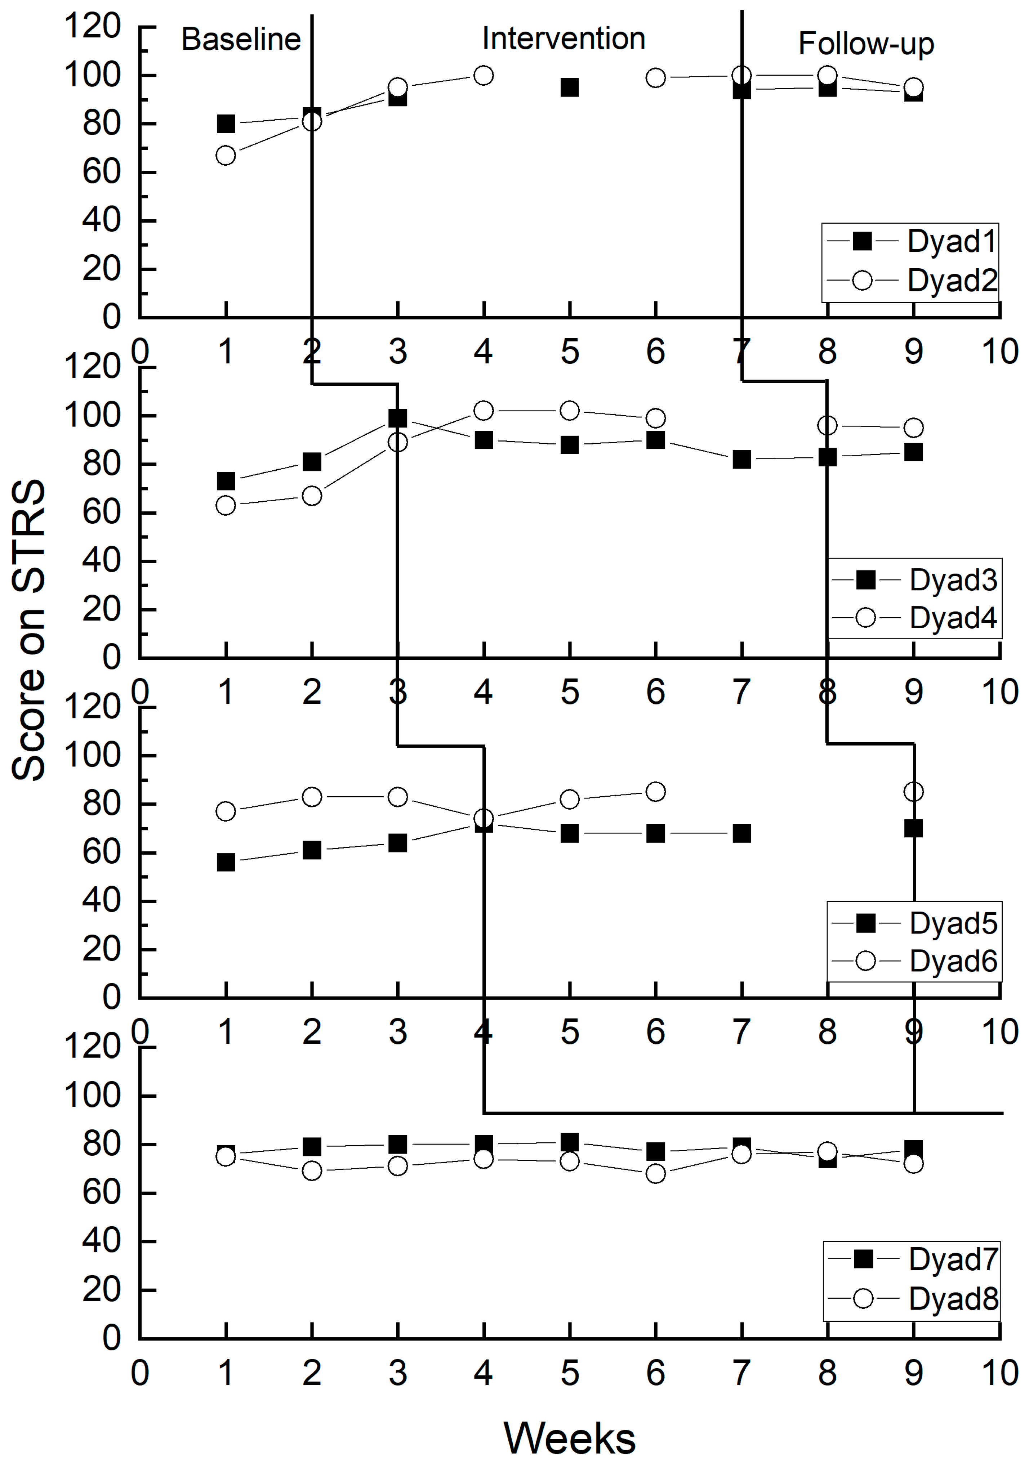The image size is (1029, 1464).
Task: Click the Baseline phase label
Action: coord(241,40)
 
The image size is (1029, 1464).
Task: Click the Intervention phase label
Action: coord(563,38)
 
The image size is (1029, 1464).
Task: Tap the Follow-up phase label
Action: coord(866,43)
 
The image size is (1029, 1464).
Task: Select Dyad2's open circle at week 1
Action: coord(226,156)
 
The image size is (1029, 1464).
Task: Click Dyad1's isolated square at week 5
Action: coord(570,88)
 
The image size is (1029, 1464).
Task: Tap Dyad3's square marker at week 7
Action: coord(741,459)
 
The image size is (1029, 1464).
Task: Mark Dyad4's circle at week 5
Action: coord(570,411)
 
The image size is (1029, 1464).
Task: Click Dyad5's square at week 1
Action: coord(226,862)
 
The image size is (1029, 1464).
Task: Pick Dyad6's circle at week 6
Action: coord(656,792)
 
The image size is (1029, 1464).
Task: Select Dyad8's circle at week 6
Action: coord(656,1173)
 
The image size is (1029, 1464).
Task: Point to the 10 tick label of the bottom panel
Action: coord(999,1373)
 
